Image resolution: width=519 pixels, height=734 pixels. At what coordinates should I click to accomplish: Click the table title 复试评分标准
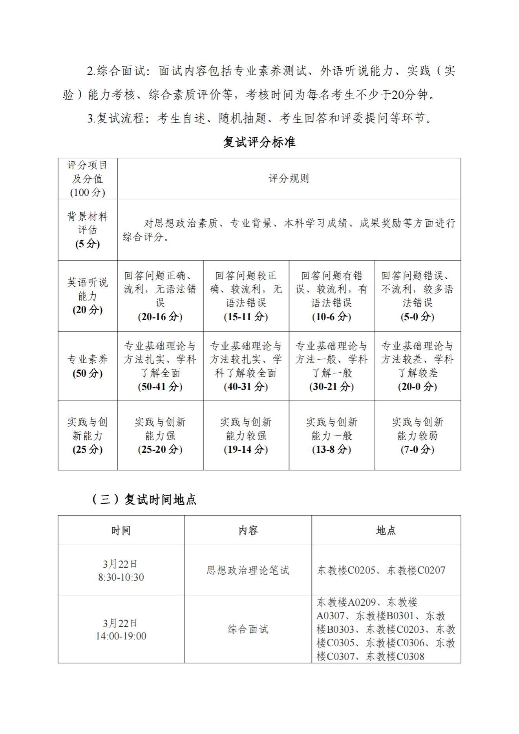point(259,142)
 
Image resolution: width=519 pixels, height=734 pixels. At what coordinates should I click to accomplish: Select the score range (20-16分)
point(160,317)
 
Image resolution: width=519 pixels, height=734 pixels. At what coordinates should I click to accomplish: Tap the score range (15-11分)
point(246,317)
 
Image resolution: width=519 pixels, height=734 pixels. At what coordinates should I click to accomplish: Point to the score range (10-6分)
point(332,317)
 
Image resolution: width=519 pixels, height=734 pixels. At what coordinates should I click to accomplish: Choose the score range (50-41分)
point(160,386)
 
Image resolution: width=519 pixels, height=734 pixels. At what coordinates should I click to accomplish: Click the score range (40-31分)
point(246,386)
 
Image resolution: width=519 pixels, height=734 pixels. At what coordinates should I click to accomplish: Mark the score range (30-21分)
point(332,386)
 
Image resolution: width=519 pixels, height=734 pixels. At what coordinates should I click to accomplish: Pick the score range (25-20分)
point(160,449)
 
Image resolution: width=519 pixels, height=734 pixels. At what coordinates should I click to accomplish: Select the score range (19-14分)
point(246,449)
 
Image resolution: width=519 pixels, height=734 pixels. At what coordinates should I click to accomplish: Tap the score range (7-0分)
point(417,449)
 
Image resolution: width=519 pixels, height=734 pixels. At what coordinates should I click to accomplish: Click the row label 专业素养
point(88,359)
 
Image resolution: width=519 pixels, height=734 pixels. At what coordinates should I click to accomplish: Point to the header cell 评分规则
point(289,179)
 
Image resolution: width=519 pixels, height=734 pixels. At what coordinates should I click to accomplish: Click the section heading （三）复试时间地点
point(144,499)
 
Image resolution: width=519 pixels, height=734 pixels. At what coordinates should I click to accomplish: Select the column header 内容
point(248,530)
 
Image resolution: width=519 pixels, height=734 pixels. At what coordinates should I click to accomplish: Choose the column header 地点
point(386,530)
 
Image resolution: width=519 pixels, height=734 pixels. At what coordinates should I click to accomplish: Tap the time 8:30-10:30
point(121,577)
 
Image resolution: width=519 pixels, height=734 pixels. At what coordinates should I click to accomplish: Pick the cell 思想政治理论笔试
point(248,570)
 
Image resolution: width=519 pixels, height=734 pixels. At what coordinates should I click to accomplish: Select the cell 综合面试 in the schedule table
point(248,629)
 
